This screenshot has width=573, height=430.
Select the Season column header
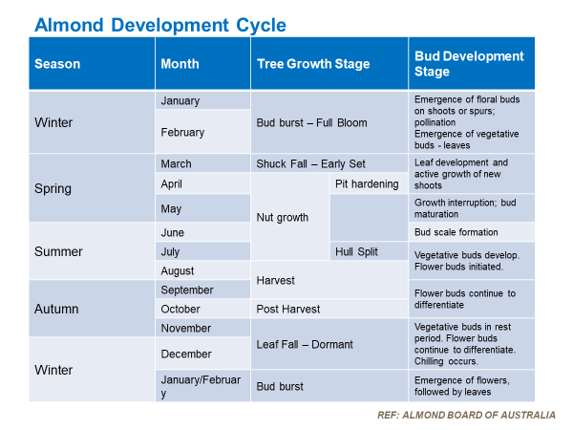57,64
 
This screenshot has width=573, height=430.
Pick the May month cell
171,208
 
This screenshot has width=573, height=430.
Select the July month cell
172,252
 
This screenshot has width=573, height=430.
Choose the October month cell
180,309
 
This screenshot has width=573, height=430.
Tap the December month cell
185,354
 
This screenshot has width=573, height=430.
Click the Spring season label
53,188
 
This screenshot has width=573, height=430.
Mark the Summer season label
58,252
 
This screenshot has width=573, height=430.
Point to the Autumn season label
56,309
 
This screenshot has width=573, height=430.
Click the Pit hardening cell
367,183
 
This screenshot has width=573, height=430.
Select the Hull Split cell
357,251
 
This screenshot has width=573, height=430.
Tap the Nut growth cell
282,218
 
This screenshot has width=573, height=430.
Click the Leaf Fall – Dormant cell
305,344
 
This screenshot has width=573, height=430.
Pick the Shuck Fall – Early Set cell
311,163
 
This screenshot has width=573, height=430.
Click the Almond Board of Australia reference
464,415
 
